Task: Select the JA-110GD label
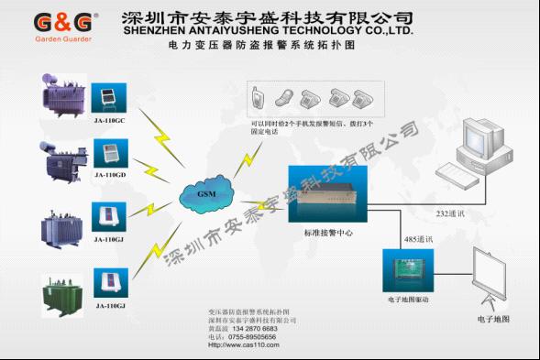coord(109,173)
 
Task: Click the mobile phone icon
coord(259,93)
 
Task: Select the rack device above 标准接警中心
coord(328,193)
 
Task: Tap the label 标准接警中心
coord(328,234)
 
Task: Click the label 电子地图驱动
coord(408,300)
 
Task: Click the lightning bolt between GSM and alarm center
coord(246,164)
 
